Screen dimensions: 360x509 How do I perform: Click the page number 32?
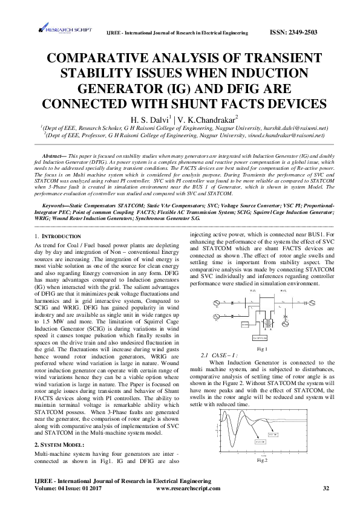click(x=326, y=488)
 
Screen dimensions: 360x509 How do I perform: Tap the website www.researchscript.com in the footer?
click(x=191, y=488)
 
